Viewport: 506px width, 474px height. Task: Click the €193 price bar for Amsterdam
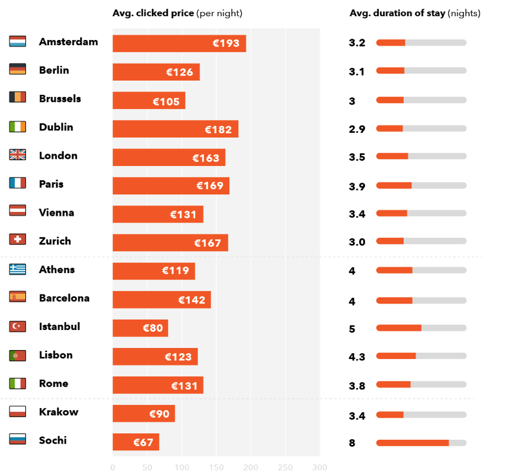coord(179,43)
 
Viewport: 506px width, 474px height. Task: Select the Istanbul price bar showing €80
coord(140,328)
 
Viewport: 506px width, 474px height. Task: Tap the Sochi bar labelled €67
coord(136,442)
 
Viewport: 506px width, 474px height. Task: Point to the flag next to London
coord(17,155)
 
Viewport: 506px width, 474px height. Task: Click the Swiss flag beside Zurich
coord(17,240)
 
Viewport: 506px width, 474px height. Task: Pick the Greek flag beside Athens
coord(17,269)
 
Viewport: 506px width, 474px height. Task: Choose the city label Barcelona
coord(64,298)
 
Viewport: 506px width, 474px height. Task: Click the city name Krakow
coord(58,412)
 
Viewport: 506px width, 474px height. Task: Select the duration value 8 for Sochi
coord(352,444)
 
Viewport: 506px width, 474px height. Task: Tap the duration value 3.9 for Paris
coord(357,187)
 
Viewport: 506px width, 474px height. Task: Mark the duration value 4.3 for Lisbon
coord(357,357)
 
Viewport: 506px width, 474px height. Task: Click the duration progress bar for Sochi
coord(421,443)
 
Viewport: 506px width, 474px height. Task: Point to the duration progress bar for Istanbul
coord(421,328)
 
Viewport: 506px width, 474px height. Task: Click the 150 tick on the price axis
coord(216,468)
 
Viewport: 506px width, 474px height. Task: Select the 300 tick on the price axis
coord(319,468)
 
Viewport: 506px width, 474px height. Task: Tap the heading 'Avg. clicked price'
coord(153,14)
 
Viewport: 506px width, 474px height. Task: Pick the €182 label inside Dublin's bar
coord(218,129)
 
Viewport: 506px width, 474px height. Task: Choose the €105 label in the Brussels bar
coord(166,101)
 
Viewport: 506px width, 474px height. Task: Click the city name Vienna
coord(56,212)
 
